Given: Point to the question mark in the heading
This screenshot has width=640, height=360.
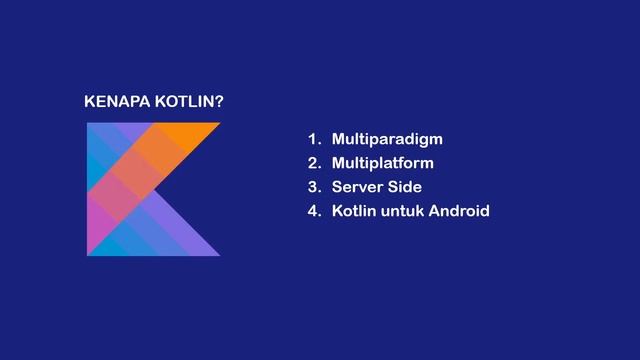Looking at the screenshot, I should coord(219,103).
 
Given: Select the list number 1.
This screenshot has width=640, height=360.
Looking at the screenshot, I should coord(312,139).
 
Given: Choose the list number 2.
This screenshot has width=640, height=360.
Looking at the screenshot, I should coord(313,163).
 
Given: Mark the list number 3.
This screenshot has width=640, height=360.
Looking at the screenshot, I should coord(313,187).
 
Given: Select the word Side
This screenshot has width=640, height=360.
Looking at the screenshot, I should coord(406,187).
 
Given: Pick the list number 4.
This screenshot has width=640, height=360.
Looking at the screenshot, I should coord(313,211).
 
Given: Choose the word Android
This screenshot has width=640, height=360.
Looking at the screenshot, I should coord(459,211).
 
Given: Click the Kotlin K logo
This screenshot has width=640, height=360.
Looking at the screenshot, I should coord(150,189).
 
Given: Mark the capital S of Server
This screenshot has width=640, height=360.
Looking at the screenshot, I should coord(337,187).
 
